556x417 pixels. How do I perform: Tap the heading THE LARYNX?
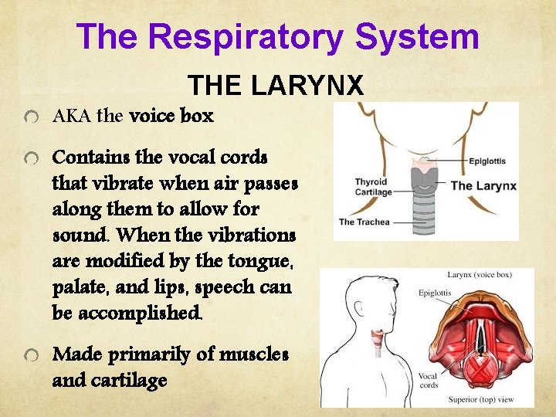click(275, 84)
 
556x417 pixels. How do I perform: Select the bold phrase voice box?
click(172, 117)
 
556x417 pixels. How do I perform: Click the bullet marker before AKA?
click(30, 118)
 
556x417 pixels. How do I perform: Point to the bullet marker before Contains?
click(30, 158)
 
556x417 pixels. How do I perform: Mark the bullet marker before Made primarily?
click(30, 354)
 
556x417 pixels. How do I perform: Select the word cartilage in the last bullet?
click(130, 381)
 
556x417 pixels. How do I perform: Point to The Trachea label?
click(365, 222)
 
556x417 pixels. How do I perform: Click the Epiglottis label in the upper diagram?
click(487, 161)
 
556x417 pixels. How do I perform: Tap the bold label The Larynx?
click(483, 185)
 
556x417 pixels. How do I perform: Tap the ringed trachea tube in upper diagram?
click(422, 208)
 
